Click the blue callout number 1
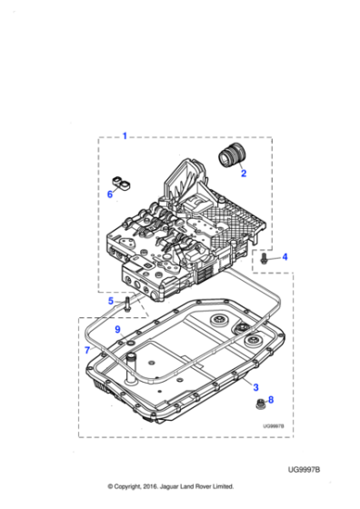coord(125,137)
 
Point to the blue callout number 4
coord(284,258)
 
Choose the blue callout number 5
coord(111,301)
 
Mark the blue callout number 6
coord(111,194)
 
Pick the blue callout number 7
coord(87,350)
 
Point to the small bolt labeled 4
coord(263,260)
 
